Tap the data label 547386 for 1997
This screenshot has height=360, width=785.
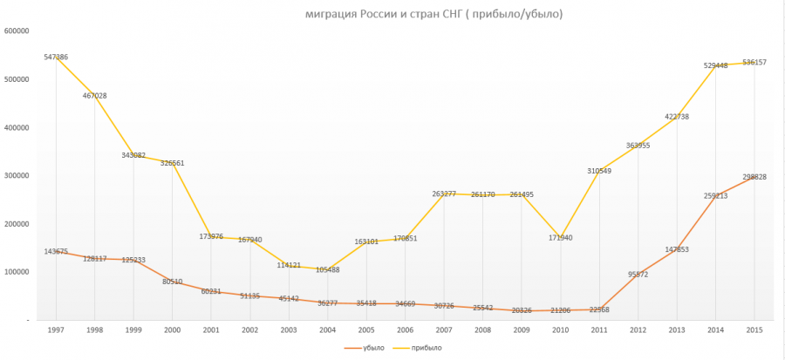click(x=56, y=58)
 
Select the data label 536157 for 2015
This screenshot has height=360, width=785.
click(x=754, y=63)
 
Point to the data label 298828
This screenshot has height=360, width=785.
click(x=754, y=177)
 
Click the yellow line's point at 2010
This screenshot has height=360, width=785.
click(x=561, y=238)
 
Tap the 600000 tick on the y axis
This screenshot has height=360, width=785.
click(x=17, y=31)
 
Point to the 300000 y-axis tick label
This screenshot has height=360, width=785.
click(x=17, y=176)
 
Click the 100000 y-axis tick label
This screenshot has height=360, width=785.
click(x=17, y=272)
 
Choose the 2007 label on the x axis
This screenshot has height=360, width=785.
click(x=444, y=329)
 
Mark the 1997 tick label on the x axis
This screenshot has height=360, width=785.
click(x=56, y=329)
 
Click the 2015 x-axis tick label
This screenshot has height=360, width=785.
click(x=754, y=329)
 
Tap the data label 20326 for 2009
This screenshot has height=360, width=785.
click(x=522, y=310)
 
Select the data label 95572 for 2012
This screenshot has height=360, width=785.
click(x=638, y=275)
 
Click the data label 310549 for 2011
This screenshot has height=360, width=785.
click(x=599, y=171)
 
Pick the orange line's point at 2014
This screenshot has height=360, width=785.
click(x=716, y=195)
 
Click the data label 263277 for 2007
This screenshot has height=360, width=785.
click(x=444, y=194)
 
